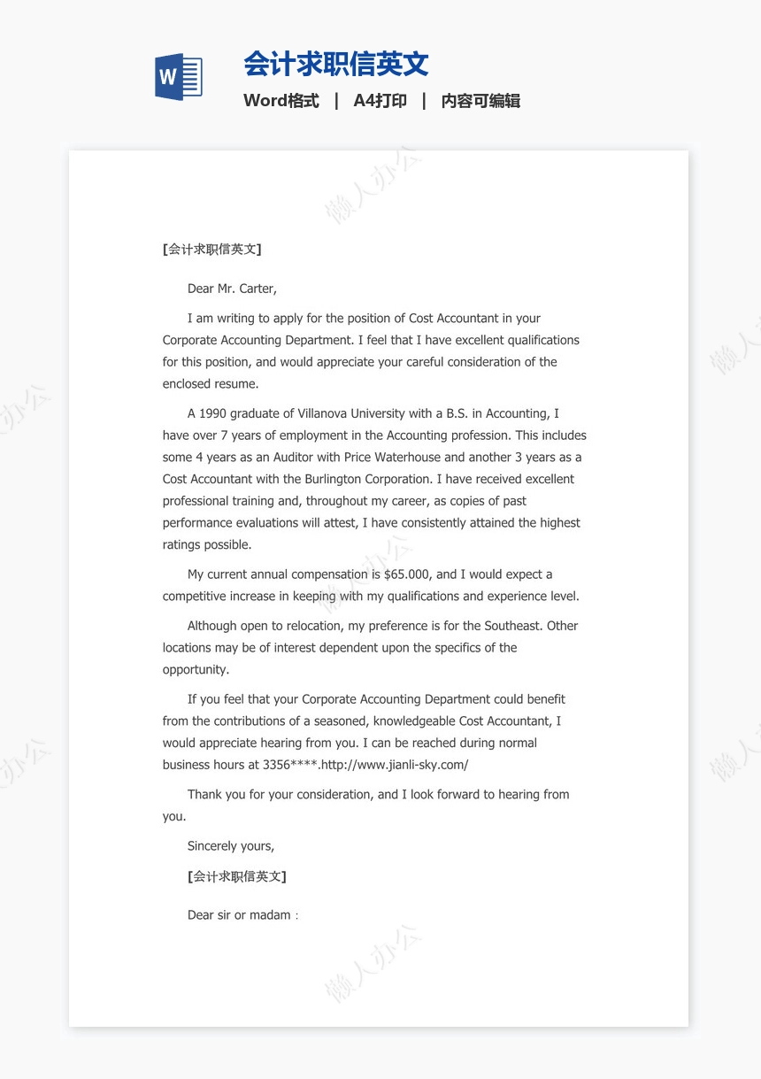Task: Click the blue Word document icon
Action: click(179, 77)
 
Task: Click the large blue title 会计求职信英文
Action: click(336, 64)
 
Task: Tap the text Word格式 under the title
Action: click(281, 101)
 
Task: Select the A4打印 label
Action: click(380, 101)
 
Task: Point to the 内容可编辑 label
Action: click(480, 101)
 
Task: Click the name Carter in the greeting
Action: click(258, 289)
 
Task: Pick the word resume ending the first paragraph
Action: click(236, 384)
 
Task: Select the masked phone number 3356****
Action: click(290, 765)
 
